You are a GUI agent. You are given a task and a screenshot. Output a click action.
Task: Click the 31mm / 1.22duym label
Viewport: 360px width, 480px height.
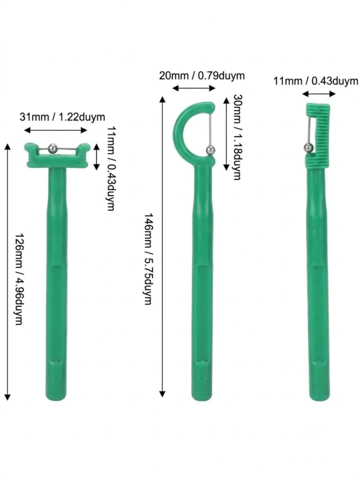point(62,117)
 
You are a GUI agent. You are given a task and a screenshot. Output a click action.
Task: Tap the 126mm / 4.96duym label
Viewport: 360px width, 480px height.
point(19,279)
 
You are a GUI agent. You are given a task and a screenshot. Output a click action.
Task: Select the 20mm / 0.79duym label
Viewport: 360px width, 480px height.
point(202,75)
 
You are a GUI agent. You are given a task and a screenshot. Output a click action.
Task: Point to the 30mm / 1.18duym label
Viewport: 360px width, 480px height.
point(238,137)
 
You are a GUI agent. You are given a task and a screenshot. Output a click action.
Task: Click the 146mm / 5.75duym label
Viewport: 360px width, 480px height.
point(149,259)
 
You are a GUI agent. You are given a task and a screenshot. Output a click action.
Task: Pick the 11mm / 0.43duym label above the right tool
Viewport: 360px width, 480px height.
point(315,81)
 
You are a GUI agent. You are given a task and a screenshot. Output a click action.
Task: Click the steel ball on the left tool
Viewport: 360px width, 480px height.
point(53,148)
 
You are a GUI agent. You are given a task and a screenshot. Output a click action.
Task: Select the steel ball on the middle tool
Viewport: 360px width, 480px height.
point(210,150)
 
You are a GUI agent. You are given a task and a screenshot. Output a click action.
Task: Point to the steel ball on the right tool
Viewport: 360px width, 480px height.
point(308,148)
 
